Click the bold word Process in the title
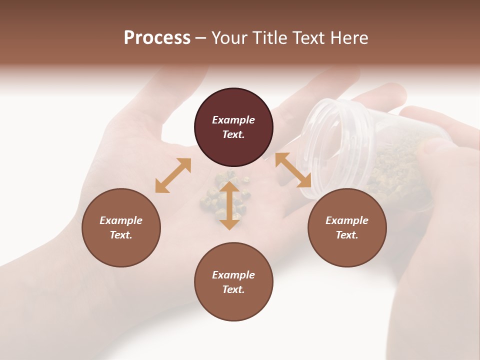[157, 38]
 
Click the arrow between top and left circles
[173, 175]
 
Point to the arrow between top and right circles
[293, 170]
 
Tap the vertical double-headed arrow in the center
[229, 205]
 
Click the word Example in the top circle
[233, 120]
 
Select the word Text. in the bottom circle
[233, 289]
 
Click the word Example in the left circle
[121, 220]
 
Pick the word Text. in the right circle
[347, 235]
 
